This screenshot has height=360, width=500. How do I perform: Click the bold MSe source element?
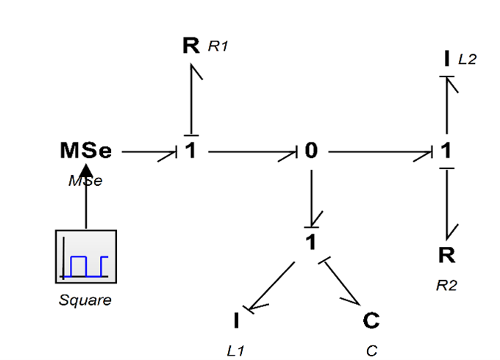(x=86, y=151)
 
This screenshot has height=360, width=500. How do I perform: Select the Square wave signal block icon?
(x=86, y=256)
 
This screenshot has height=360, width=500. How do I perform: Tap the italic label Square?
(x=86, y=300)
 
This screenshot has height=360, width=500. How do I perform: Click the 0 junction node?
(x=311, y=151)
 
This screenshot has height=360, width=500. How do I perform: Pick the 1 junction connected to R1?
(x=191, y=151)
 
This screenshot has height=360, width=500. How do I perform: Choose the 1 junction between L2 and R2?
(x=446, y=151)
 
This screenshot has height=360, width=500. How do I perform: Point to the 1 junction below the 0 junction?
(x=311, y=240)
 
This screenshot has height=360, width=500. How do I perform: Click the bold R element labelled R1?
(x=191, y=46)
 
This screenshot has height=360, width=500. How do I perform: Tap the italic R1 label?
(x=218, y=47)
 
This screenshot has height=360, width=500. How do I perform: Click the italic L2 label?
(x=467, y=59)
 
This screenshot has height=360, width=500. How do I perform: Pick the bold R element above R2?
(x=446, y=256)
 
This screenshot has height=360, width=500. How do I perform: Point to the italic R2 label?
(x=446, y=286)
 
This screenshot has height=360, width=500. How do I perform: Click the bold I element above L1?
(x=236, y=321)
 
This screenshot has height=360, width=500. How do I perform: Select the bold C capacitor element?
(x=371, y=321)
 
